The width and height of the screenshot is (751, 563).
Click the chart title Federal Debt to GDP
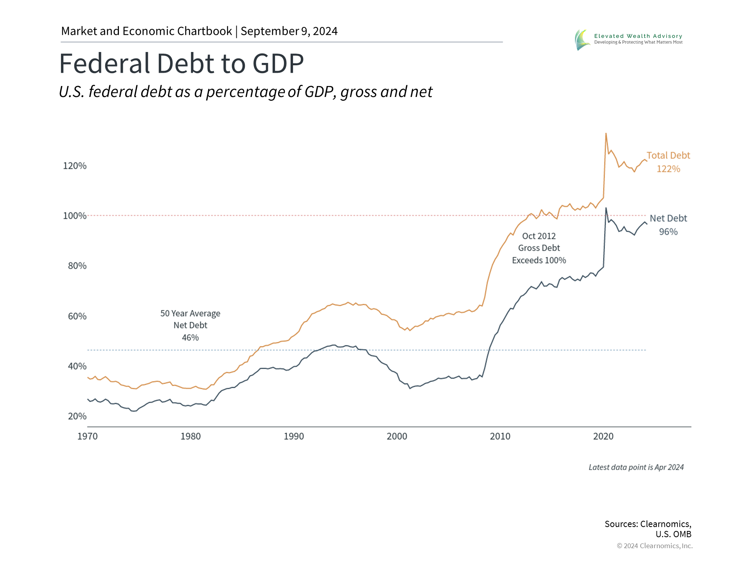coord(181,63)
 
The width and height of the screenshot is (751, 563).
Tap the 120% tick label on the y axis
coord(75,166)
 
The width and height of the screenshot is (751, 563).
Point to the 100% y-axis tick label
coord(75,216)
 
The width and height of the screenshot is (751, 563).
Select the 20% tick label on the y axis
coord(77,416)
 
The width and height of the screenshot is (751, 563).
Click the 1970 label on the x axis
coord(87,436)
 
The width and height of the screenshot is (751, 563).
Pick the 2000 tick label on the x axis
coord(397,436)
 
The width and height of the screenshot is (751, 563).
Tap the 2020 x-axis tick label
coord(603,436)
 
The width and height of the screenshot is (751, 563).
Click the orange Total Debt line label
coord(668,156)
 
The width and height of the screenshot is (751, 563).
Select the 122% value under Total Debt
coord(668,169)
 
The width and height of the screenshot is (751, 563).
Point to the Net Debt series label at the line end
coord(668,218)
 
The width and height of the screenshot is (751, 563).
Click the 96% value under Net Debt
coord(668,232)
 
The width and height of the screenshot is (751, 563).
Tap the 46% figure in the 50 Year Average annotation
coord(190,337)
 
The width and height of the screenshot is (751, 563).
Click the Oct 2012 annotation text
coord(539,236)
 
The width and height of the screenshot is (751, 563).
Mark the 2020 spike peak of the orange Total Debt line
coord(606,134)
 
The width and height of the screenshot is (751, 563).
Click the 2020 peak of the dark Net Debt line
coord(606,208)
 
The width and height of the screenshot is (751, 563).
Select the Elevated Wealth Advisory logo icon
coord(582,39)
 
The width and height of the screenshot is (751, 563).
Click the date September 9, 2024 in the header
coord(289,31)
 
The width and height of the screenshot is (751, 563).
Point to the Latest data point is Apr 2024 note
coord(636,467)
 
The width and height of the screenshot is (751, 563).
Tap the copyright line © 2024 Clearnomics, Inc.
coord(654,546)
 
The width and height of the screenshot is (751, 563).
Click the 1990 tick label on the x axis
coord(294,436)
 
